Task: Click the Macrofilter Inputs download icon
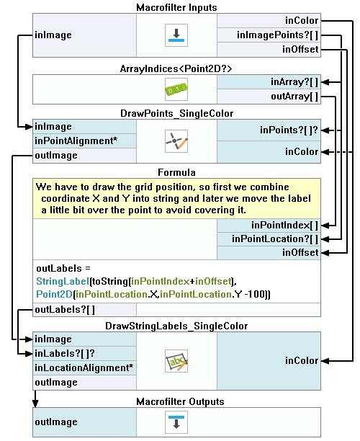click(176, 35)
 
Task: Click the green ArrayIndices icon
click(176, 89)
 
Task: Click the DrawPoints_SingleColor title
click(177, 113)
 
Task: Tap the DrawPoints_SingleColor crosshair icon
click(176, 141)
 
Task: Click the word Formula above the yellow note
click(176, 172)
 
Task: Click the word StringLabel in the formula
click(63, 281)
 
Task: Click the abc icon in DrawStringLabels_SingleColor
click(176, 361)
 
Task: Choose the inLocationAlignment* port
click(84, 368)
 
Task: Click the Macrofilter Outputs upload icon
click(176, 422)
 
